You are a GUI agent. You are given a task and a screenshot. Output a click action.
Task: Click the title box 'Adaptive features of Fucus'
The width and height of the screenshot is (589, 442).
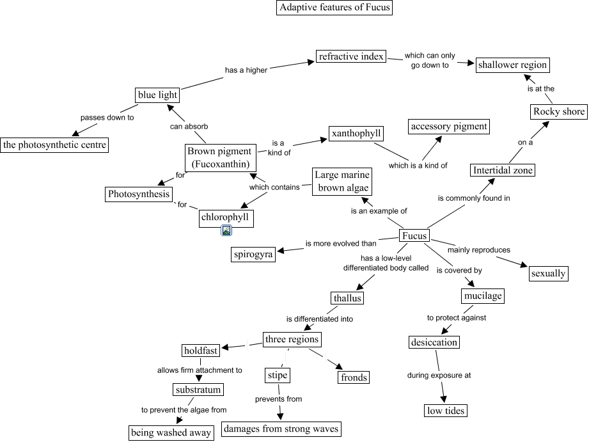point(334,8)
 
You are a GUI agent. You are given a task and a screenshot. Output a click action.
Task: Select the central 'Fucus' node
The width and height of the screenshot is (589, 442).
point(414,236)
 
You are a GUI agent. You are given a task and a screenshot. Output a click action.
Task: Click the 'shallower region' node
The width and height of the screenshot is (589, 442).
point(512,65)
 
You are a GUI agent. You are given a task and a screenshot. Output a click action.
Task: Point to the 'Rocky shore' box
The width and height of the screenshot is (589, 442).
point(559,112)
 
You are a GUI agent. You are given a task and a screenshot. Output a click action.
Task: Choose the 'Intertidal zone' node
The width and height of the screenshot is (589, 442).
point(502,170)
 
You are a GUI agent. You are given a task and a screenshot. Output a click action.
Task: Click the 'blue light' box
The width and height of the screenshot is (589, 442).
point(157,95)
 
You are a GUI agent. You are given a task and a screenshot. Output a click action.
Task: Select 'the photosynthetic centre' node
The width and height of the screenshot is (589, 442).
point(54,145)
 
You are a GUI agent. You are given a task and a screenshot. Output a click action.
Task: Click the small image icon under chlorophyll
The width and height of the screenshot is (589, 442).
point(226,231)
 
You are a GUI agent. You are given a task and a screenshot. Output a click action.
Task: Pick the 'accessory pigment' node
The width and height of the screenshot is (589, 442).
point(449,127)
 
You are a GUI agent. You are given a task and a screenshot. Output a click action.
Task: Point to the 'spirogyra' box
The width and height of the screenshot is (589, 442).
point(253,255)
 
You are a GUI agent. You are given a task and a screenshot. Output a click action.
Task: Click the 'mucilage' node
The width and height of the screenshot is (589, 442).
point(482,296)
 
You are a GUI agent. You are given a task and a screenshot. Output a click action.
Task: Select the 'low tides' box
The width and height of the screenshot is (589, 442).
point(446,410)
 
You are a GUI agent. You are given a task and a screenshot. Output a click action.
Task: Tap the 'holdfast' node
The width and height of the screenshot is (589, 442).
point(201,351)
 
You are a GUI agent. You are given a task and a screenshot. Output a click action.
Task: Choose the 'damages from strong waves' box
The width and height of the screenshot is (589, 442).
point(281,429)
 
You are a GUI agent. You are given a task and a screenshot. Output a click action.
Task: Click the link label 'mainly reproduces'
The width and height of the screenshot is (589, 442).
point(478,249)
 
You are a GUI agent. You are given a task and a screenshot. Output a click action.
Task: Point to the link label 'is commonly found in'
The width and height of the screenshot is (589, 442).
point(474,198)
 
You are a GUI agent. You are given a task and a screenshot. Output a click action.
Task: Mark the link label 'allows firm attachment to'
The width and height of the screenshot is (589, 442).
point(200,370)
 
